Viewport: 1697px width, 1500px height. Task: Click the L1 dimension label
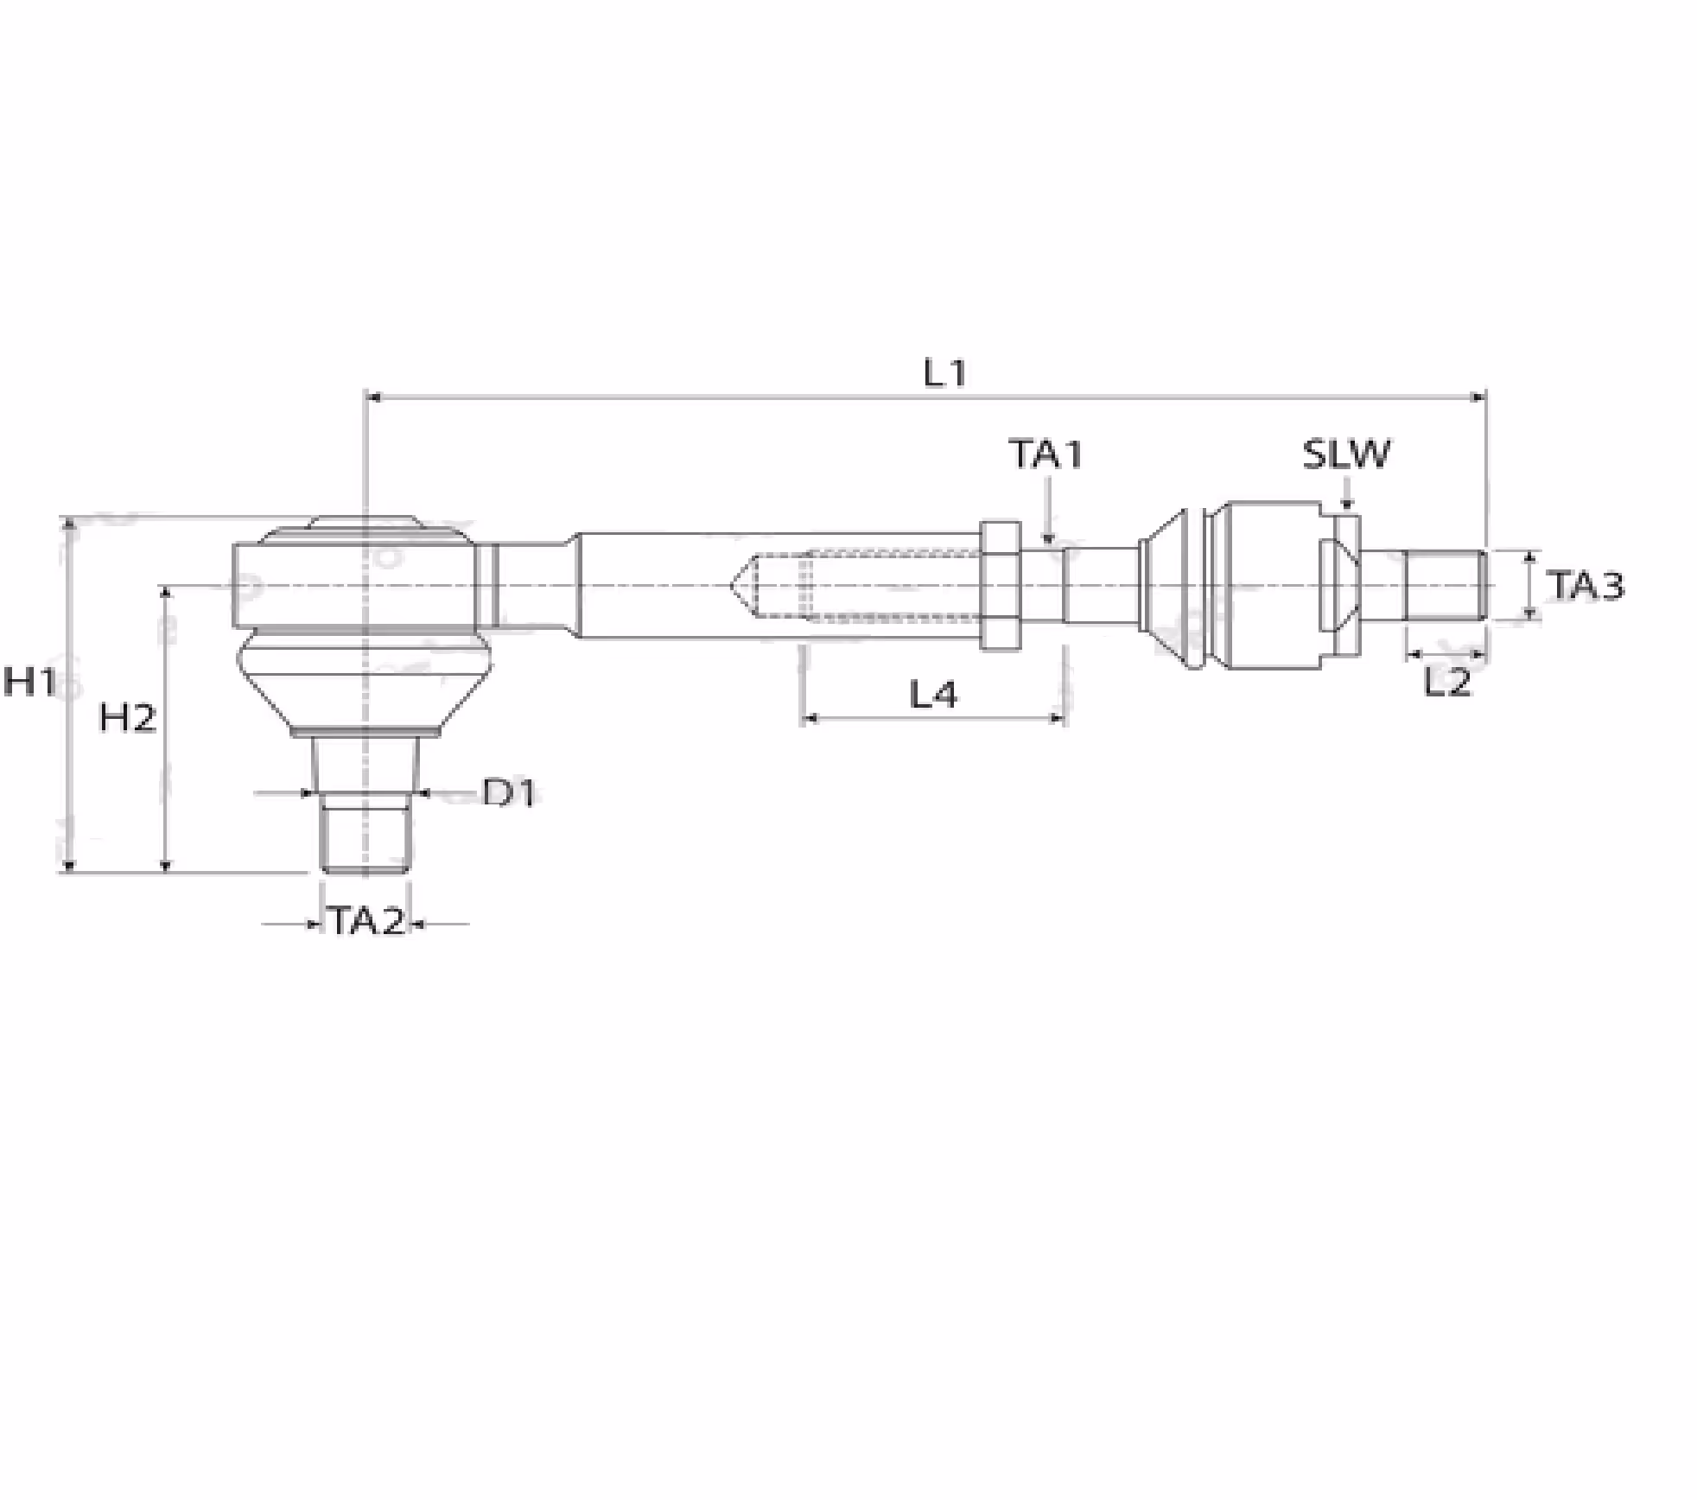click(x=944, y=373)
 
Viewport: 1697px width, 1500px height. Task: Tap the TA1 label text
click(x=1046, y=454)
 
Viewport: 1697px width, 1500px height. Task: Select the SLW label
click(x=1346, y=454)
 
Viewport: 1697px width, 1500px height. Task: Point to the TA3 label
click(x=1585, y=585)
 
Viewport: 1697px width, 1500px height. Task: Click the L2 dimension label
click(x=1446, y=683)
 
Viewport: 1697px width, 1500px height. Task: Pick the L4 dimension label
click(x=934, y=694)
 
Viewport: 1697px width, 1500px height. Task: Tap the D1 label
click(x=509, y=792)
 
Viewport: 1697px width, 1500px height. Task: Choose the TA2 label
click(x=366, y=922)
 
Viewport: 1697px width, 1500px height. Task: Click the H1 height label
click(x=29, y=682)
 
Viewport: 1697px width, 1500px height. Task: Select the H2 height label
click(x=128, y=718)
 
